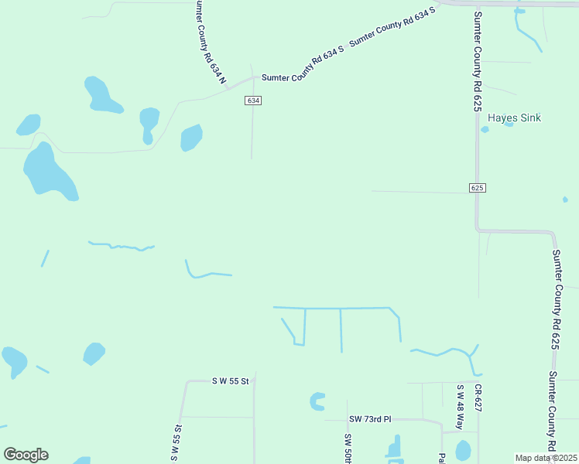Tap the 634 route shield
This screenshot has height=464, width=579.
(253, 101)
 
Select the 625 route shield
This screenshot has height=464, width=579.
(477, 188)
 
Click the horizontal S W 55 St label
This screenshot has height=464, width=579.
(231, 381)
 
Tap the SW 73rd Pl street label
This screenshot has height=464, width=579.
(370, 419)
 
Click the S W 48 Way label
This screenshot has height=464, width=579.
(459, 408)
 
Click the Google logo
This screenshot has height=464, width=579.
(26, 454)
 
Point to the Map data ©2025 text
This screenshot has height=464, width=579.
(546, 458)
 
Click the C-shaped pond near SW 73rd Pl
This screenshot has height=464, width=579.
(317, 401)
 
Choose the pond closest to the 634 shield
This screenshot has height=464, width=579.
(191, 138)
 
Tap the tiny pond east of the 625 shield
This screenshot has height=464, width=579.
(565, 200)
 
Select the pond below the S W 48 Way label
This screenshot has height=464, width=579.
(463, 450)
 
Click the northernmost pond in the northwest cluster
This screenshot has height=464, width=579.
(101, 94)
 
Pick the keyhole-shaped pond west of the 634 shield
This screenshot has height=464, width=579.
(149, 124)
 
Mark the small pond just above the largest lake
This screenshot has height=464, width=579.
(29, 125)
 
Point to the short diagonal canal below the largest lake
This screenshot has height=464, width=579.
(45, 258)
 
